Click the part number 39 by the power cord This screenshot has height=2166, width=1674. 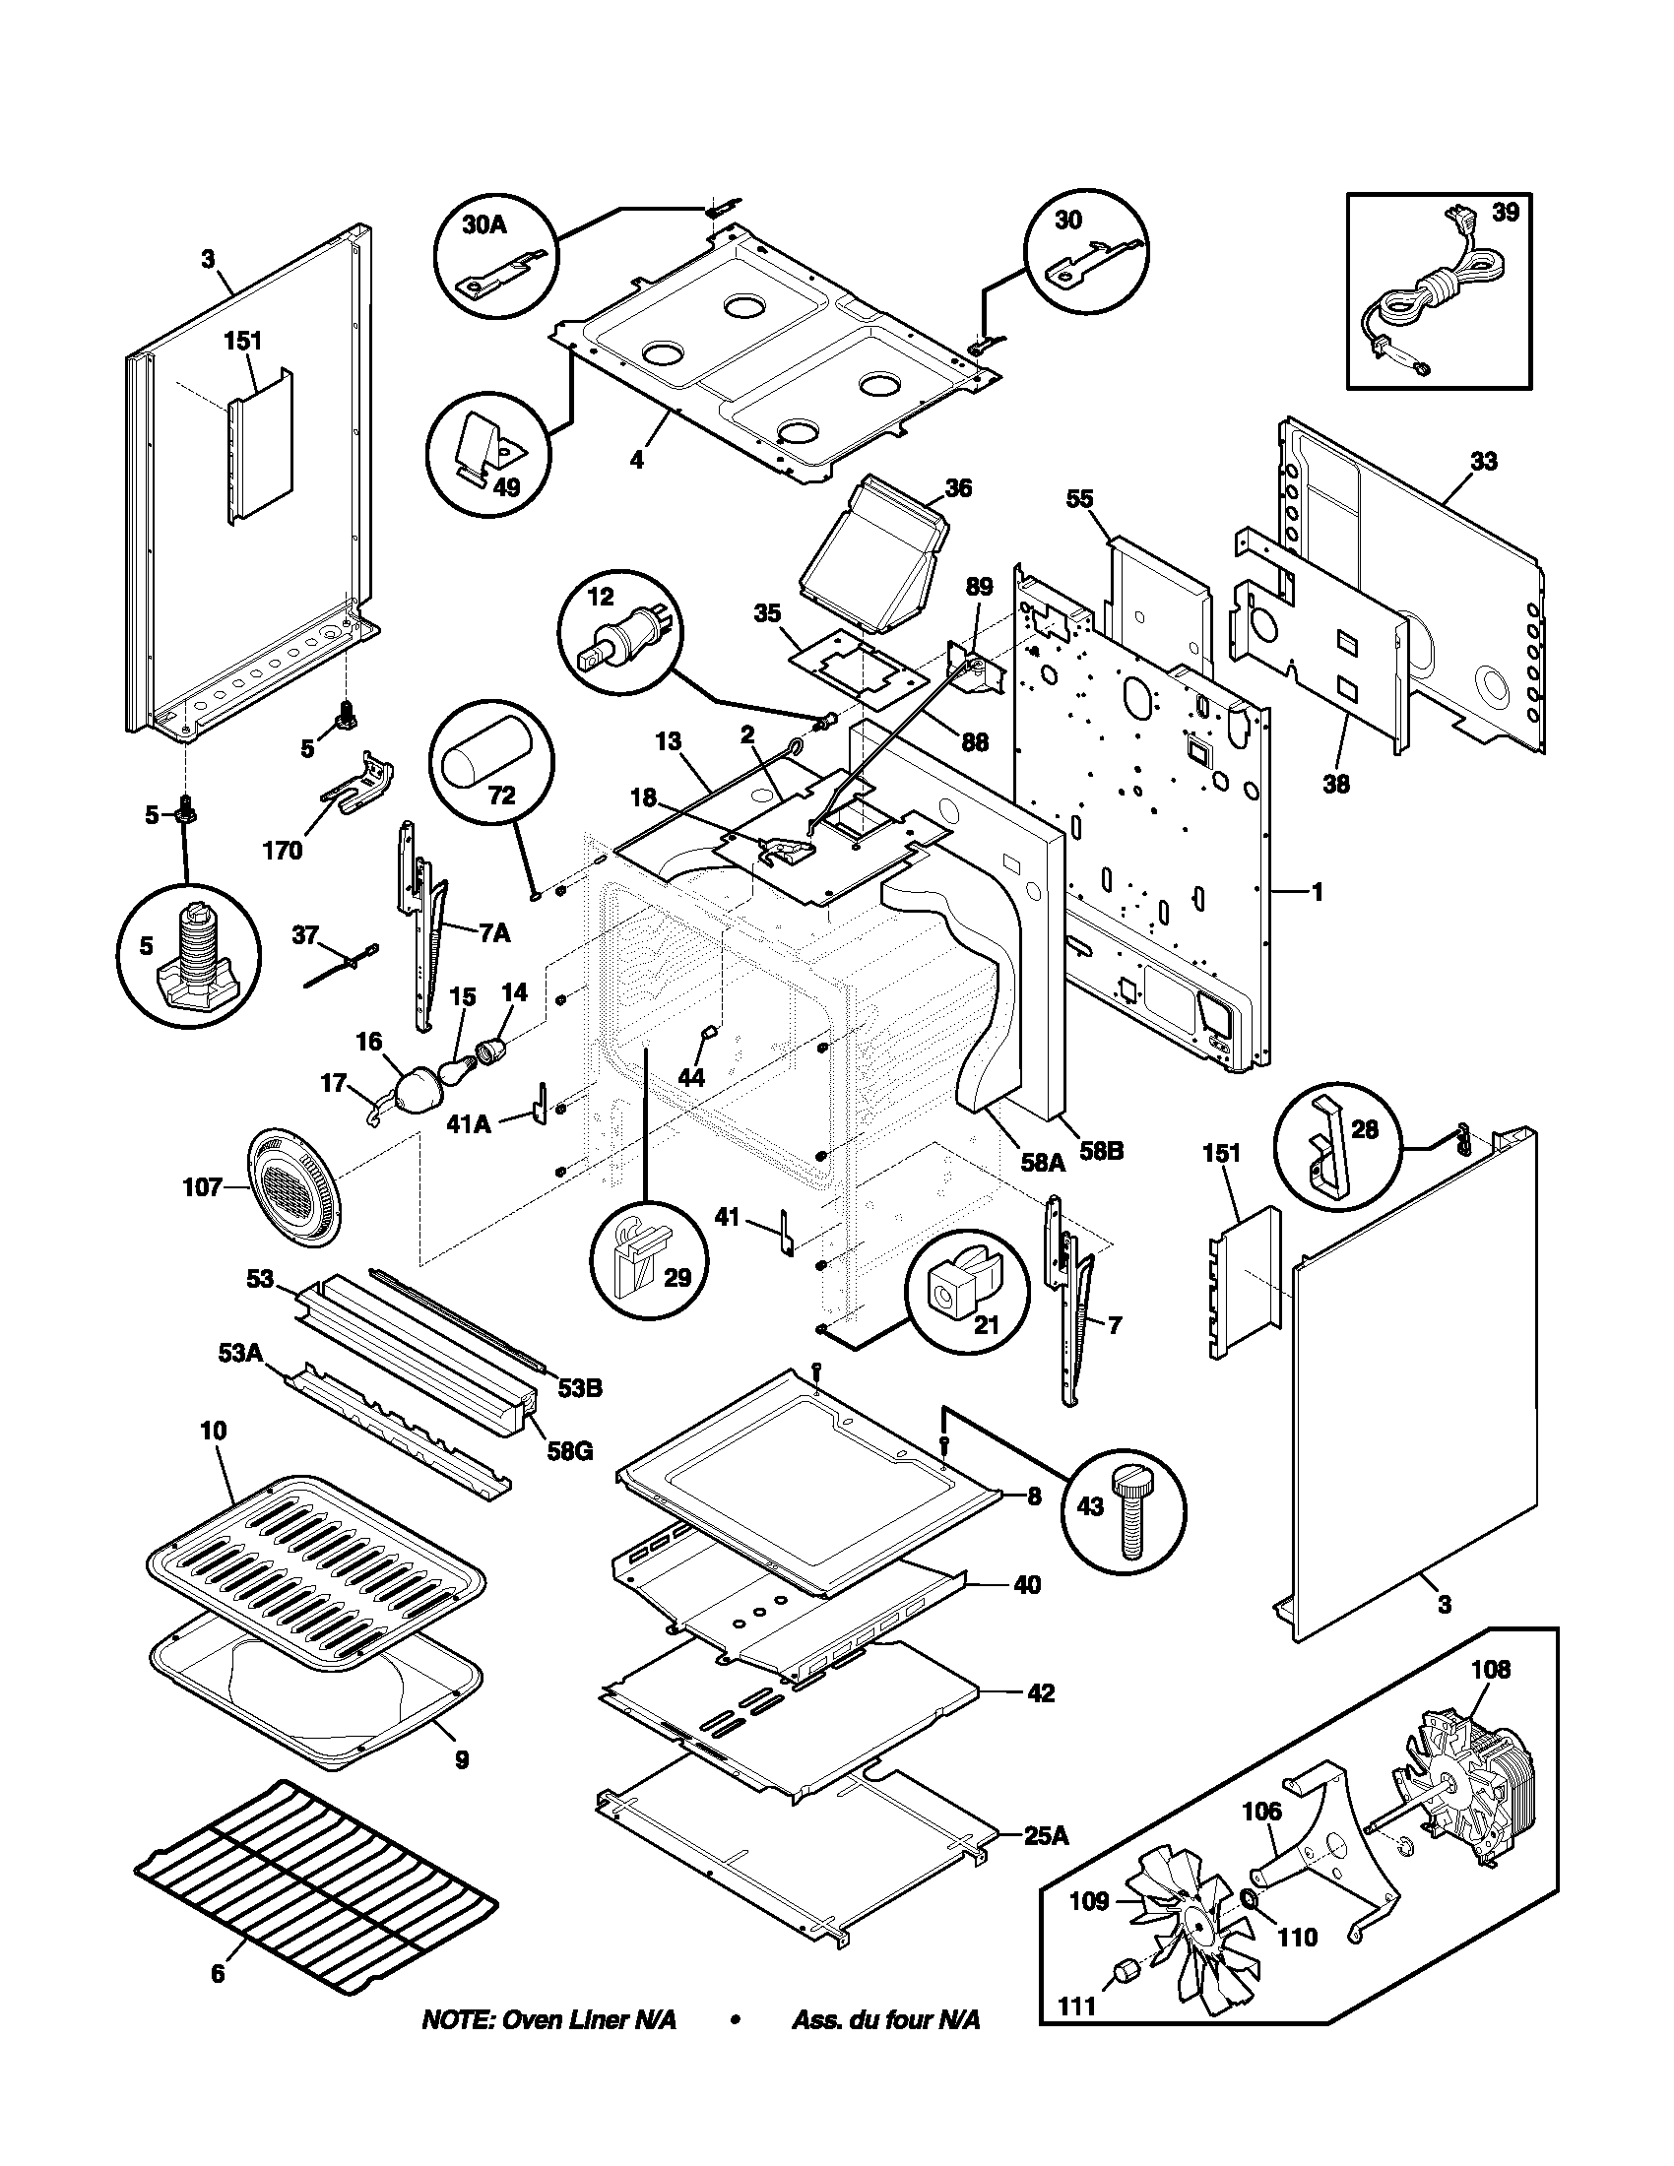click(x=1505, y=213)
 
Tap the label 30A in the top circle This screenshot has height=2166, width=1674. click(x=483, y=225)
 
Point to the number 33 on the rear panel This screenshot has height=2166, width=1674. click(x=1483, y=462)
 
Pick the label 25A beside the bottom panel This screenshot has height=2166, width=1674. click(x=1045, y=1836)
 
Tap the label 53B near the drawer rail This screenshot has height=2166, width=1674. click(x=579, y=1388)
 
